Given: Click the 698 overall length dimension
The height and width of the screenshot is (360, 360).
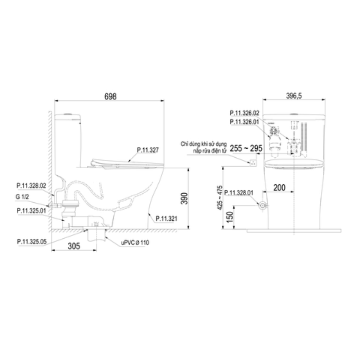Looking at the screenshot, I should point(110,96).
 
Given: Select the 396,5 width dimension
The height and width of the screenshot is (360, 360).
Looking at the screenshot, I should point(294,96).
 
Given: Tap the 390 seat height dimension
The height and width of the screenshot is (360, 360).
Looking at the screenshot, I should point(184,198).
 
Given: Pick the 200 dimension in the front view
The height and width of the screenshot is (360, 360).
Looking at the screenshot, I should point(279,187).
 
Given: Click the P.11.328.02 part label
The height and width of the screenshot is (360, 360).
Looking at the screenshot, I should point(31,186).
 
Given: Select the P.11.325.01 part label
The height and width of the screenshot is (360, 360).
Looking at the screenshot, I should point(31,210).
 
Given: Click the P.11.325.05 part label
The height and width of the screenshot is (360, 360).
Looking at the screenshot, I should point(31,242).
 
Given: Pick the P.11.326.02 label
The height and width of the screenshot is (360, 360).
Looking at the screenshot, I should point(245,113).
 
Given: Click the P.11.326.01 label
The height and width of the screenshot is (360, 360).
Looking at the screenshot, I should point(245,122).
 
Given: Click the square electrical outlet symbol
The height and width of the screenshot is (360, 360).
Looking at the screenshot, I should point(254,162).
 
